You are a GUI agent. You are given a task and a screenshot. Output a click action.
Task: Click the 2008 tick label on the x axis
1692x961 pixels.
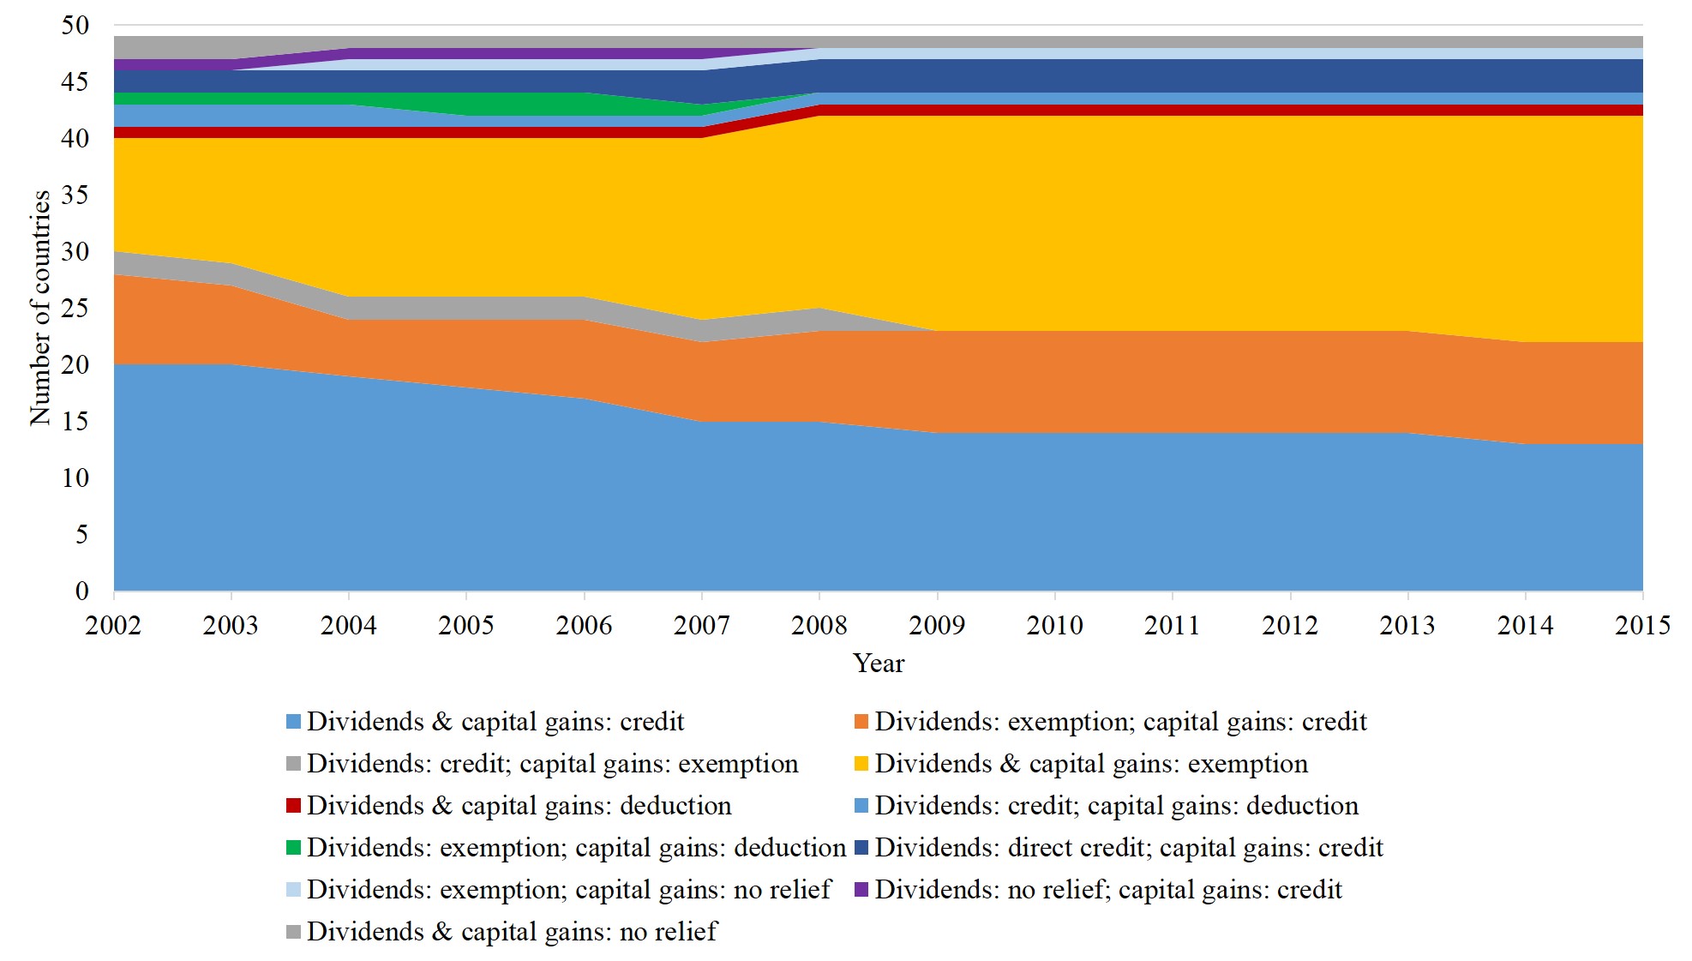click(x=819, y=626)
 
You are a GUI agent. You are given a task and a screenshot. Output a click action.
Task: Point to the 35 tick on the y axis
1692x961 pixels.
click(x=75, y=195)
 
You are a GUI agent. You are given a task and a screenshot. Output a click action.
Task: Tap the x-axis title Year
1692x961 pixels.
click(x=879, y=664)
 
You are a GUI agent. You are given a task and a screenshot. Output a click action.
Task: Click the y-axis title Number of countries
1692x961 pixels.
click(x=40, y=308)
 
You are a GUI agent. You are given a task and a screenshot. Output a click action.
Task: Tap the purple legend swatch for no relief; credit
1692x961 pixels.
click(x=861, y=890)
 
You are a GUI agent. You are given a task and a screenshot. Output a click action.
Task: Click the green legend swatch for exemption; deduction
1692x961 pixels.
click(x=294, y=848)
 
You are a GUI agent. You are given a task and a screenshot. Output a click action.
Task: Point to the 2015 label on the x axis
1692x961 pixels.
click(x=1642, y=626)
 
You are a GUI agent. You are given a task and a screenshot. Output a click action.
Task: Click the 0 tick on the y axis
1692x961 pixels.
click(x=82, y=592)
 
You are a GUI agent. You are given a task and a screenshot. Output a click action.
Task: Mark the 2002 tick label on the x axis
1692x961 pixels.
click(x=113, y=626)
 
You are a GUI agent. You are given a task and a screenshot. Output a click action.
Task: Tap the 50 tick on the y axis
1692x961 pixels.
click(x=75, y=26)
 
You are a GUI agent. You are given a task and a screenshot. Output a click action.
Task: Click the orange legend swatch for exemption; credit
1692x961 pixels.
click(x=861, y=722)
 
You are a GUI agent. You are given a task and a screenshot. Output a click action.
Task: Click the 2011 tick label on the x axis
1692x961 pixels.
click(x=1173, y=626)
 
